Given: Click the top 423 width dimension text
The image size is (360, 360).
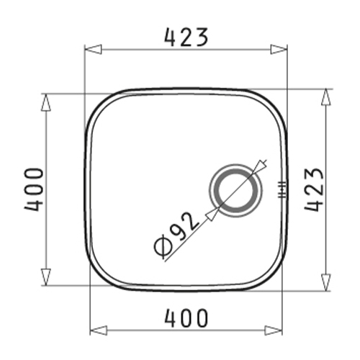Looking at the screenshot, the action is tap(186, 37).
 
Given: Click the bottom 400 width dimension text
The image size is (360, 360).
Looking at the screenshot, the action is tap(186, 318).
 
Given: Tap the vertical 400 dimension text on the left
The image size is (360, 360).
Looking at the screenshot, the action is tap(34, 189).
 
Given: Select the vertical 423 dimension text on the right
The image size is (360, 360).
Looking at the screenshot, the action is tap(314, 189).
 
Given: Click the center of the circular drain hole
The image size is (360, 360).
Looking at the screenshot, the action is tap(235, 190).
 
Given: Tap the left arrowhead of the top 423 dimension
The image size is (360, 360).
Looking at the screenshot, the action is tap(94, 50).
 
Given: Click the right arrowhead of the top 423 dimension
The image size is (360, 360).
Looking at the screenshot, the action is tap(279, 50).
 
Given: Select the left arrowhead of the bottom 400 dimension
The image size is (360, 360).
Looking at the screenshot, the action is tap(98, 330).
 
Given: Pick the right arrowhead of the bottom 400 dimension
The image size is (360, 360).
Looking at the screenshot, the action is tap(274, 330).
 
